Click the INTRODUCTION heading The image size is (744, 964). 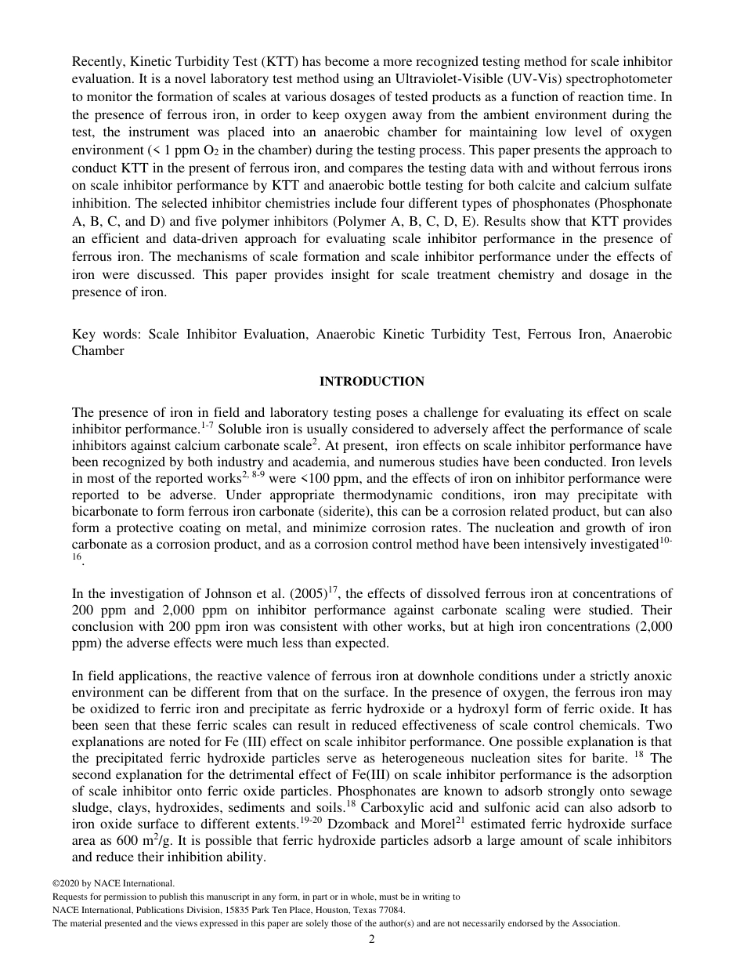(x=371, y=382)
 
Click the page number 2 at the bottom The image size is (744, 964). (x=372, y=939)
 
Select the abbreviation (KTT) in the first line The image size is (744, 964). (x=262, y=61)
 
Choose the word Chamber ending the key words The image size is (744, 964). (x=98, y=351)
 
